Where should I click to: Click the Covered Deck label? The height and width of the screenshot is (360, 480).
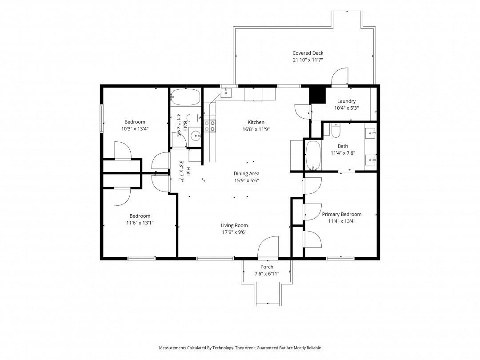(x=308, y=53)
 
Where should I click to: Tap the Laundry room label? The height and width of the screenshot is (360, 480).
(x=346, y=101)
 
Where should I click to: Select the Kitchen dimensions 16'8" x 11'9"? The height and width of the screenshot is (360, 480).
(x=256, y=129)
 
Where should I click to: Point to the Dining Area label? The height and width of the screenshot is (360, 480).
(x=246, y=174)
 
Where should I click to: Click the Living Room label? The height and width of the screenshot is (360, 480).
(x=234, y=226)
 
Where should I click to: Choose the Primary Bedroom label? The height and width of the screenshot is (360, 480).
(x=342, y=214)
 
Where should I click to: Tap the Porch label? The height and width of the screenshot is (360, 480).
(x=267, y=267)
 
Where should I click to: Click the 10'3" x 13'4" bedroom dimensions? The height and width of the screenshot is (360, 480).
(x=135, y=129)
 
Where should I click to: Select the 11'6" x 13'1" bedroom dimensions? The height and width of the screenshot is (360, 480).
(x=140, y=223)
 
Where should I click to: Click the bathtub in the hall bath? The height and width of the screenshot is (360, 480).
(x=185, y=97)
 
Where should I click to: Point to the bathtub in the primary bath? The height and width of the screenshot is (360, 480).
(x=313, y=155)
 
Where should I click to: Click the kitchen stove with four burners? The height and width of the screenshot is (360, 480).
(x=210, y=126)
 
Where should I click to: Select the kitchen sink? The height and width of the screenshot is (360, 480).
(x=226, y=92)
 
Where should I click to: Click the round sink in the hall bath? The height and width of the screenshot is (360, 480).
(x=195, y=135)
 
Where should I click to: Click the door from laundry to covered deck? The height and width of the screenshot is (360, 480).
(x=340, y=76)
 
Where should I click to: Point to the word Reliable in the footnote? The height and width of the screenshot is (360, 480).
(x=313, y=348)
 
